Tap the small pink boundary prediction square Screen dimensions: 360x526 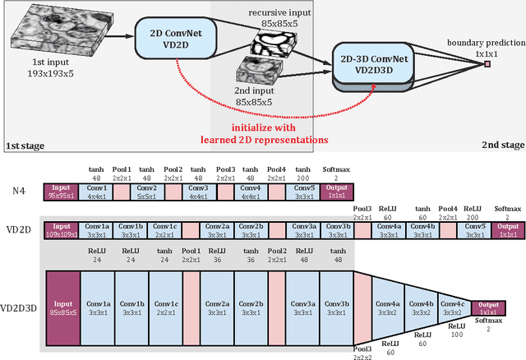click(487, 62)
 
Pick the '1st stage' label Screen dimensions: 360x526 click(26, 145)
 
